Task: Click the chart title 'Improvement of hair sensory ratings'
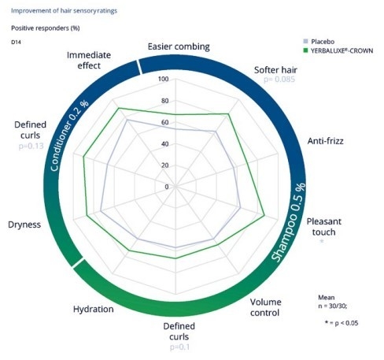click(x=64, y=11)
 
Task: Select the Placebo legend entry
click(x=319, y=42)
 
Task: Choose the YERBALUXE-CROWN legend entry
click(x=338, y=50)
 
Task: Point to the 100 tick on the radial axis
click(x=164, y=79)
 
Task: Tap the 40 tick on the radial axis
click(x=164, y=144)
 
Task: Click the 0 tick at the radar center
click(x=167, y=187)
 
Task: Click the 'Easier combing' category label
click(x=179, y=46)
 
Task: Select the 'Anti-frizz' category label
click(x=325, y=141)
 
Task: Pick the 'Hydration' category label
click(x=94, y=309)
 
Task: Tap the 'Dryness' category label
click(x=24, y=225)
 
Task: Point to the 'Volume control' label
click(x=265, y=307)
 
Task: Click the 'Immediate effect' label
click(x=89, y=60)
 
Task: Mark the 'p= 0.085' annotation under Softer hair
click(x=279, y=79)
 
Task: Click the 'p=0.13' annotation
click(x=31, y=146)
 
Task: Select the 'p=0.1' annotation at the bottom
click(x=179, y=347)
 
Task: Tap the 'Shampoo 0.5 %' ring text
click(x=290, y=222)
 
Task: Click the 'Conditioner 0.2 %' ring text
click(x=68, y=135)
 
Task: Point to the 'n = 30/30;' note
click(x=333, y=306)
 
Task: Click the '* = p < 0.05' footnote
click(x=342, y=323)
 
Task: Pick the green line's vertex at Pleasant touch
click(x=264, y=215)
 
